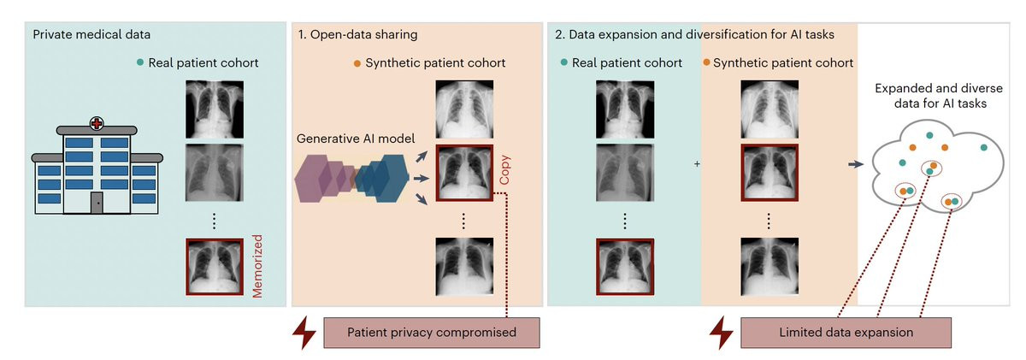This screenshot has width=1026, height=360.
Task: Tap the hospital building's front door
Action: [97, 204]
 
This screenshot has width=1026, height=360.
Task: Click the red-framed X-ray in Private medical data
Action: [215, 268]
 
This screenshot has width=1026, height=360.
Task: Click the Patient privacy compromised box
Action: [432, 332]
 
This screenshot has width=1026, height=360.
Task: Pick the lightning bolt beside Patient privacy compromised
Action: [304, 332]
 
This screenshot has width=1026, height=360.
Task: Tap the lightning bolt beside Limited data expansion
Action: [722, 332]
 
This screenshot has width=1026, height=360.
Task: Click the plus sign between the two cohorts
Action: [697, 163]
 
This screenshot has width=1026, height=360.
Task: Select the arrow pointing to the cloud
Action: [854, 163]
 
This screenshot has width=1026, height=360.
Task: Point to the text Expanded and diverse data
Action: [932, 96]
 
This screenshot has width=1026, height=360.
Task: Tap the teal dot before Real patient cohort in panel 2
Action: [565, 63]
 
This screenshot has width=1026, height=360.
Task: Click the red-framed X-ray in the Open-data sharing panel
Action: [463, 173]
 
